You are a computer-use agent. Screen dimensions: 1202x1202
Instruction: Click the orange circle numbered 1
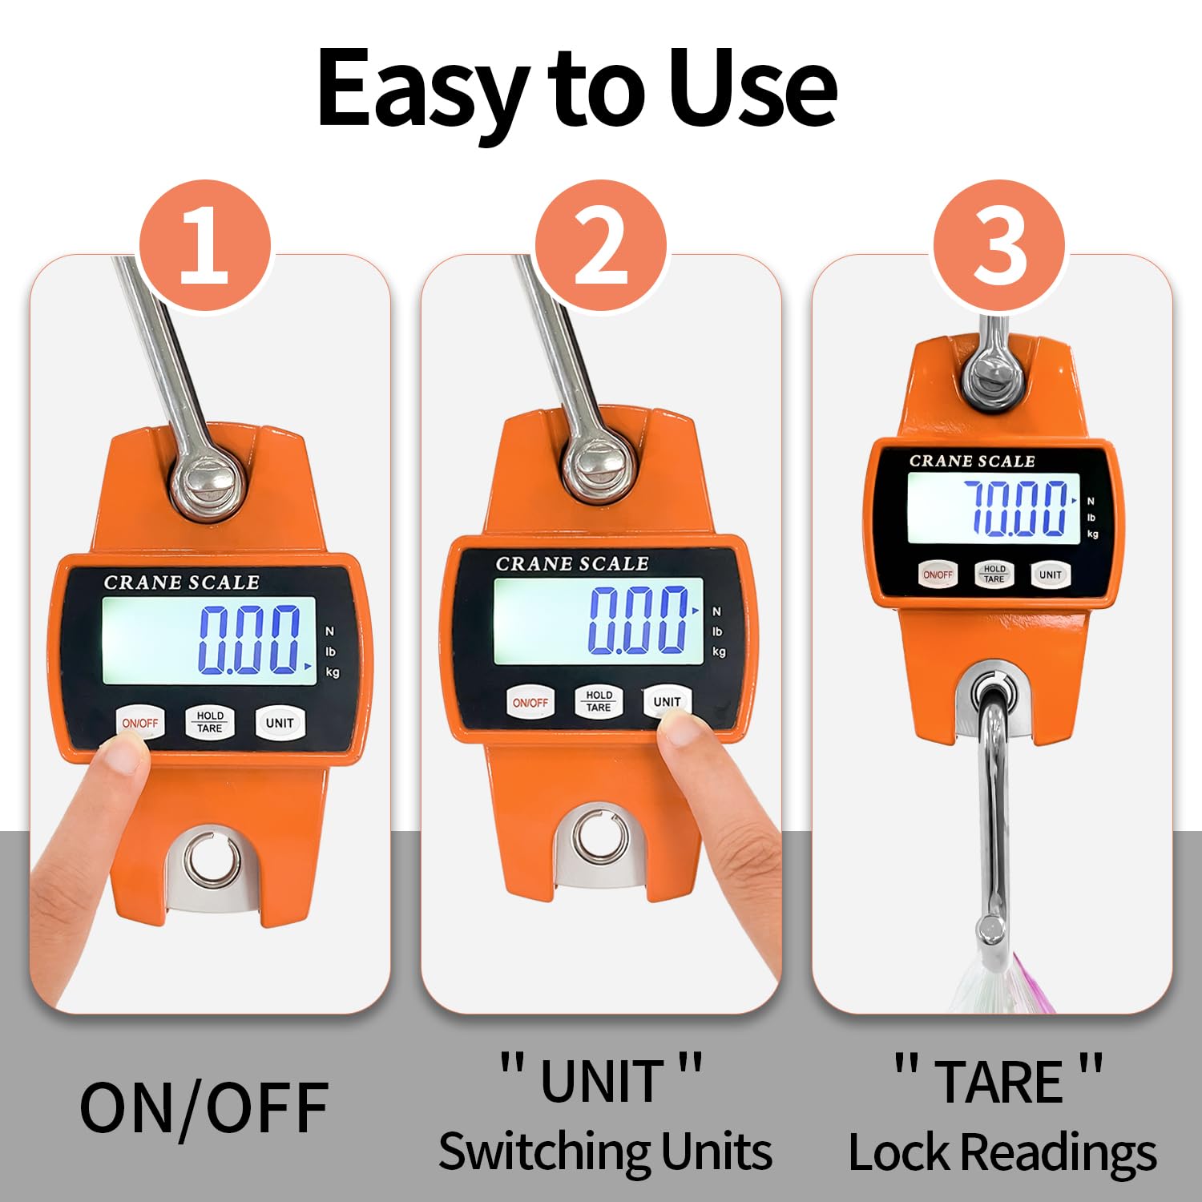(x=205, y=245)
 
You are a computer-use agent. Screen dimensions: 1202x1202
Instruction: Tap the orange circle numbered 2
(x=601, y=245)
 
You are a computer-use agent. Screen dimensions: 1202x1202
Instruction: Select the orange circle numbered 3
(x=998, y=245)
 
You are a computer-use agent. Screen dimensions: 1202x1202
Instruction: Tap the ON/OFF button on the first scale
(x=140, y=723)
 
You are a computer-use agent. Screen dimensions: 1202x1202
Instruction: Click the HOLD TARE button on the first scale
(x=210, y=722)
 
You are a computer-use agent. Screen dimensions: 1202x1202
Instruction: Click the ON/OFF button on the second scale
(x=530, y=703)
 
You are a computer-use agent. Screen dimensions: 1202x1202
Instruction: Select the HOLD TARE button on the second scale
(x=599, y=702)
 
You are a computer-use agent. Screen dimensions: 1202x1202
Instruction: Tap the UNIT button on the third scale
(x=1050, y=575)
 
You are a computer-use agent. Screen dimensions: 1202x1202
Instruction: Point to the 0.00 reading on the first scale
(x=248, y=639)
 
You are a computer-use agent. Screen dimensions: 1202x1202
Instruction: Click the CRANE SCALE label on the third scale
(x=972, y=461)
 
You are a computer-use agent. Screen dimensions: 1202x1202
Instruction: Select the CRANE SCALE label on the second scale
(x=572, y=564)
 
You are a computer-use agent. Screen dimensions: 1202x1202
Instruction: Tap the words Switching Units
(x=605, y=1152)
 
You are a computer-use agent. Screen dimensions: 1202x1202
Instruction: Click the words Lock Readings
(x=1002, y=1153)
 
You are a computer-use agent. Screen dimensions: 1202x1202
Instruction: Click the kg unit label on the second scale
(x=719, y=651)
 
